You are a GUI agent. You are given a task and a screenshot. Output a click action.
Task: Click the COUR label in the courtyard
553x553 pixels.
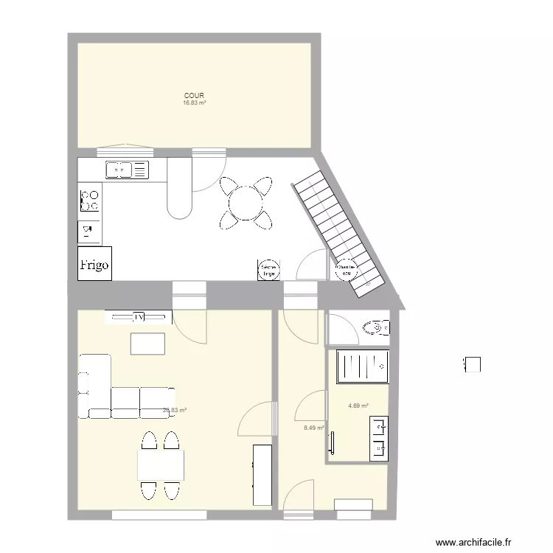[x=195, y=96]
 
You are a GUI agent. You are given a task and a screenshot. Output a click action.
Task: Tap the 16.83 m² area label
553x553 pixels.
[x=195, y=103]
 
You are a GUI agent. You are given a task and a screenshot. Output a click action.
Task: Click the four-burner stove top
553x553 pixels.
[x=90, y=200]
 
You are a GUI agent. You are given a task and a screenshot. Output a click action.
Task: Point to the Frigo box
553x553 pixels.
[x=94, y=263]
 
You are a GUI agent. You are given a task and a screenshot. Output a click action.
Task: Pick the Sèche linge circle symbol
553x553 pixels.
[x=268, y=271]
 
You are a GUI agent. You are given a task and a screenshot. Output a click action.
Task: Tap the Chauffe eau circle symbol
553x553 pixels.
[x=345, y=271]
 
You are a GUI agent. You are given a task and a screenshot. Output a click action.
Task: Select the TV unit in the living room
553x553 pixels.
[x=139, y=317]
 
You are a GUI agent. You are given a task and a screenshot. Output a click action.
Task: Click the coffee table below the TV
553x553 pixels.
[x=147, y=344]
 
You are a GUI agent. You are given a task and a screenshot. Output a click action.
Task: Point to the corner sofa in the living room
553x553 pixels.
[x=118, y=391]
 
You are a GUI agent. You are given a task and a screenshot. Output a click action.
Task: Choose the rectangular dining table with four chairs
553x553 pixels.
[x=160, y=465]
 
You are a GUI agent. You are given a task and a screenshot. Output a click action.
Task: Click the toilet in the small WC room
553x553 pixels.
[x=378, y=327]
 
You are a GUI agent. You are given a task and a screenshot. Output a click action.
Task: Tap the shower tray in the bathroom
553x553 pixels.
[x=362, y=366]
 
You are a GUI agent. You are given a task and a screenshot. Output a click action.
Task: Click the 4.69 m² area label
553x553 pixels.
[x=358, y=406]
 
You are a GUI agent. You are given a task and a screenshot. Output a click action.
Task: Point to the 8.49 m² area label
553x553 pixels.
[x=314, y=427]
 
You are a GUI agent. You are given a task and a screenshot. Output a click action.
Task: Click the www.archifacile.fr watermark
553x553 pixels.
[x=473, y=542]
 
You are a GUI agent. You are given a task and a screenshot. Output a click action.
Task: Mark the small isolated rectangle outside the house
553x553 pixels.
[x=473, y=364]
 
